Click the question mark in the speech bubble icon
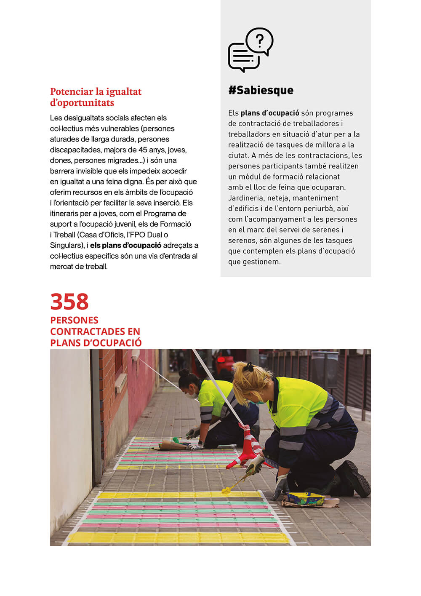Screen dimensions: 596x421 [x=260, y=40]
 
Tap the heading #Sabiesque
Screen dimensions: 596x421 [x=261, y=90]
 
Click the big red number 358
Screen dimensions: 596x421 [x=69, y=302]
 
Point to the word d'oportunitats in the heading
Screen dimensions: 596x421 [x=82, y=103]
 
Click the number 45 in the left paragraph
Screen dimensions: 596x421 [x=143, y=150]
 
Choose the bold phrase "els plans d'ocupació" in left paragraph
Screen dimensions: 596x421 [x=125, y=245]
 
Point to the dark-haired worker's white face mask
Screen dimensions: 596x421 [x=192, y=395]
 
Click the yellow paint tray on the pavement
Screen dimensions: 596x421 [x=305, y=498]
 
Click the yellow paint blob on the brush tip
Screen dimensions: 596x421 [x=226, y=489]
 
